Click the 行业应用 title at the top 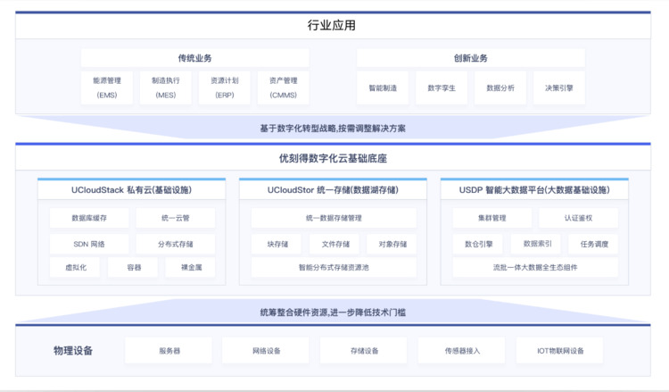pyautogui.click(x=332, y=25)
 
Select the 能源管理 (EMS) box pyautogui.click(x=107, y=88)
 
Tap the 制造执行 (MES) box pyautogui.click(x=166, y=88)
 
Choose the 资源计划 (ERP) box pyautogui.click(x=225, y=88)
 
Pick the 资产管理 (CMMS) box pyautogui.click(x=284, y=88)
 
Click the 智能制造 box pyautogui.click(x=383, y=88)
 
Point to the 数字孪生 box pyautogui.click(x=442, y=88)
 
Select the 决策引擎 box pyautogui.click(x=559, y=88)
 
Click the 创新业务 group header pyautogui.click(x=471, y=58)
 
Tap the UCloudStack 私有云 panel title pyautogui.click(x=131, y=190)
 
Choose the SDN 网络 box pyautogui.click(x=89, y=244)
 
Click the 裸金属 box pyautogui.click(x=190, y=267)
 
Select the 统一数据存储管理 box pyautogui.click(x=334, y=218)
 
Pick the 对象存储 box pyautogui.click(x=392, y=244)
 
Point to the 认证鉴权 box pyautogui.click(x=578, y=218)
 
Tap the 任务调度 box pyautogui.click(x=593, y=244)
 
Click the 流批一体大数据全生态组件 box pyautogui.click(x=535, y=267)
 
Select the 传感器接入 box pyautogui.click(x=462, y=351)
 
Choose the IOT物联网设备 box pyautogui.click(x=560, y=351)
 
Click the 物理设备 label pyautogui.click(x=73, y=351)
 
